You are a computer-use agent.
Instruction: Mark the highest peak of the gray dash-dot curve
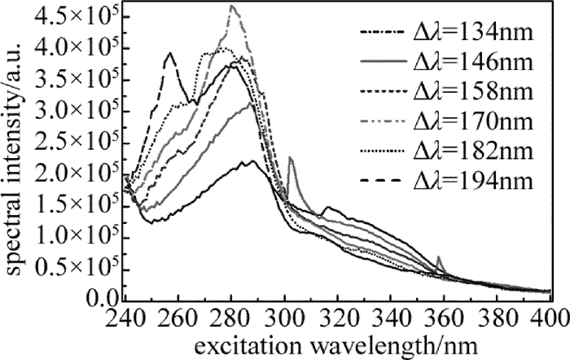(x=232, y=6)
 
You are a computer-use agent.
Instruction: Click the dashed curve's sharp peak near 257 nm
(x=170, y=54)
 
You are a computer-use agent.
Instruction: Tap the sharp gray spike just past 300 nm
(x=291, y=160)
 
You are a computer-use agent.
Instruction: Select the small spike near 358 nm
(x=440, y=258)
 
